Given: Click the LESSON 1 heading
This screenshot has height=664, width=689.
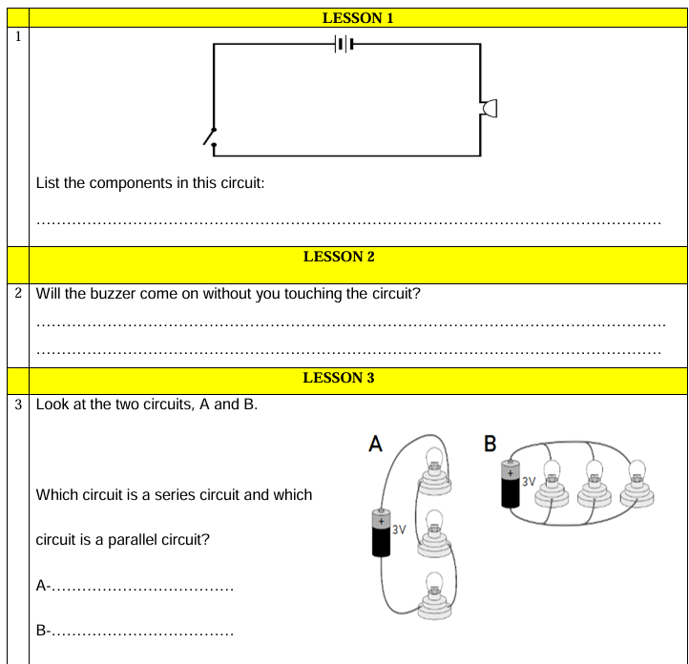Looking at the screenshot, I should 358,17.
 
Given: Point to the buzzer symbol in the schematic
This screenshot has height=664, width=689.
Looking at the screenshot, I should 490,109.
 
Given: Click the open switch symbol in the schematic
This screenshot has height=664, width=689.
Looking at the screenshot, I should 211,139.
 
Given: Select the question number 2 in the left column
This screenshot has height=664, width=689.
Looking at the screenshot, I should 18,293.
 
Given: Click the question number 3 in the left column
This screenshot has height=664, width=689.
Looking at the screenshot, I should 18,404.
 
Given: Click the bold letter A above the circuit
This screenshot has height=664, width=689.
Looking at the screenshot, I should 376,443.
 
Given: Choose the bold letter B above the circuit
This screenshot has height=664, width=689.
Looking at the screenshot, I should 491,443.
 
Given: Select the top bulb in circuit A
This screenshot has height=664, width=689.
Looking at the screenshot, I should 434,462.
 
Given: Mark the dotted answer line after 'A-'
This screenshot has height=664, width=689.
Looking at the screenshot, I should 142,588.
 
